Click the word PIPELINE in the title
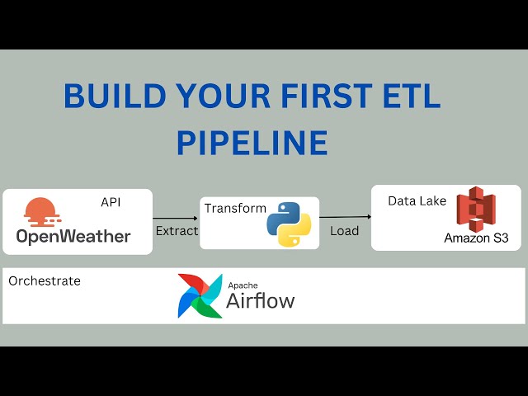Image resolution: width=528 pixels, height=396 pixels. pos(252,143)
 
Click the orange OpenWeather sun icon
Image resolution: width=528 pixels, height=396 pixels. pos(41,212)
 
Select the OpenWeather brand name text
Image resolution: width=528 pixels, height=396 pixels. pos(73,237)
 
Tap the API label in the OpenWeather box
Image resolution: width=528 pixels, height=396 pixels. pos(111,202)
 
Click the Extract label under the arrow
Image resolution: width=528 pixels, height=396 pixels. pos(177,231)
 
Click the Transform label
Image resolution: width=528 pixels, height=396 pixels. pos(235,209)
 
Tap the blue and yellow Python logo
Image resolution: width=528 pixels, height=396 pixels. pos(289,224)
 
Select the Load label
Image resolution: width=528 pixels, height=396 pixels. pos(344,231)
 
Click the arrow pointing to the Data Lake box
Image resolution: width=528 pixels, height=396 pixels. pos(346,217)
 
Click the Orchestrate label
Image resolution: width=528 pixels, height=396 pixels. pos(45,281)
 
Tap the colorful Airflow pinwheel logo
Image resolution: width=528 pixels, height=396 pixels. pos(200,295)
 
